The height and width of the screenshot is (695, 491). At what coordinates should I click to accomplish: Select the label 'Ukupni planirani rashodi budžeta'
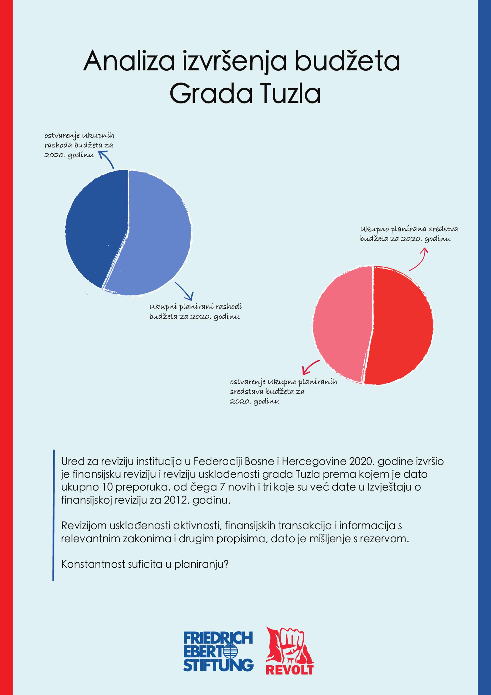[x=195, y=312]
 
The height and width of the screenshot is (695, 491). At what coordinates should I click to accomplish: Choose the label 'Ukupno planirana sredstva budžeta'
[x=409, y=234]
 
